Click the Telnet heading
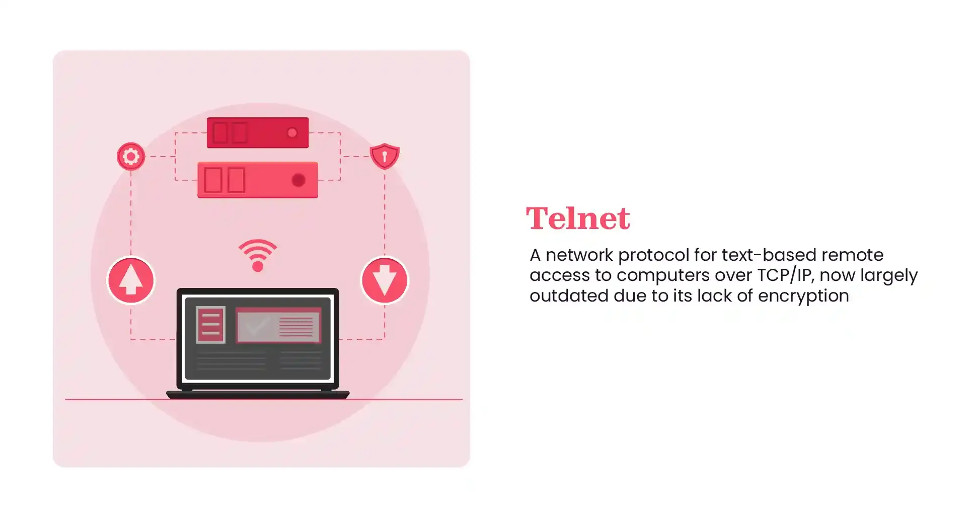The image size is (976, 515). tap(577, 218)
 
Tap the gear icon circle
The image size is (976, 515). tap(131, 157)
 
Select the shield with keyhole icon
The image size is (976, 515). tap(385, 156)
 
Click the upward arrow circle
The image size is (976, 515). tap(131, 280)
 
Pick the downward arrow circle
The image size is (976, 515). tap(385, 280)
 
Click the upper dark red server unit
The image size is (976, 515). tap(257, 133)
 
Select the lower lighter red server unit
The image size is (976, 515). tap(257, 180)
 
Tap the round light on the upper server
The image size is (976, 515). tap(292, 133)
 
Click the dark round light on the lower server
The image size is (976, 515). tap(298, 180)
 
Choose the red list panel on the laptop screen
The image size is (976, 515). tap(210, 325)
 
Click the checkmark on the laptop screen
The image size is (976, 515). tap(255, 326)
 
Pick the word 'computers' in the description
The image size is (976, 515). tap(663, 275)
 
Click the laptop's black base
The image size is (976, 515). tap(258, 395)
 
